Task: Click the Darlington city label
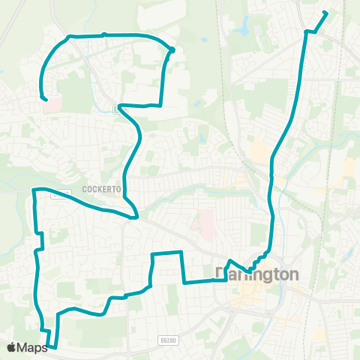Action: coord(257,274)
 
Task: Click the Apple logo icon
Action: coord(12,347)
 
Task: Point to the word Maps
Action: coord(32,347)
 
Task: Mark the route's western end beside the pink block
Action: coord(46,99)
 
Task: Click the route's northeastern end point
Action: coord(325,12)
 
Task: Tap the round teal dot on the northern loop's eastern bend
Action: coord(172,50)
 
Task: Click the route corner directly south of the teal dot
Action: coord(161,106)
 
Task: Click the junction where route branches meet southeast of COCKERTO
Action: coord(134,217)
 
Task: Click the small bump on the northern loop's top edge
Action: coord(104,34)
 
